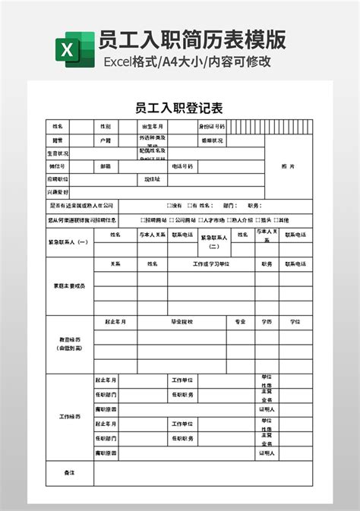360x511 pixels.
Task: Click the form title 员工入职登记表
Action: click(179, 107)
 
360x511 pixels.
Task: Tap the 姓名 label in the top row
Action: click(57, 127)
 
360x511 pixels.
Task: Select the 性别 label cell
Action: click(106, 127)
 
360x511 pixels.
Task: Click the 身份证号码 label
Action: click(212, 127)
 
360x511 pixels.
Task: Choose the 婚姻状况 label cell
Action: click(212, 140)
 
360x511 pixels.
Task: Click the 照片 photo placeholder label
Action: click(288, 166)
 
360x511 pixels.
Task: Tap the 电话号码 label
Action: click(182, 166)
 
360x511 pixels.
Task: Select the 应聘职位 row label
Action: click(58, 178)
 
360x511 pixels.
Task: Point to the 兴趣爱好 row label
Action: click(58, 191)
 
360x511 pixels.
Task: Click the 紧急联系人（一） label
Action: click(68, 242)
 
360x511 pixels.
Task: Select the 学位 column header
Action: click(295, 322)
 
